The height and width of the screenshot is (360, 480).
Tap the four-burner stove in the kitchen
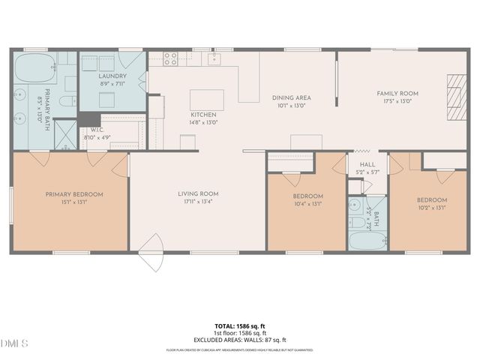(x=170, y=61)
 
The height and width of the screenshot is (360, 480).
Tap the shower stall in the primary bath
(x=68, y=137)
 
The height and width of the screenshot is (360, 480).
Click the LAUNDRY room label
(x=112, y=76)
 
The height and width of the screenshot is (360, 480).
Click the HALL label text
(x=367, y=164)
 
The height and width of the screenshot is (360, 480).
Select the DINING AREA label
(x=291, y=97)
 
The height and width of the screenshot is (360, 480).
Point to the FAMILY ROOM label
(x=397, y=93)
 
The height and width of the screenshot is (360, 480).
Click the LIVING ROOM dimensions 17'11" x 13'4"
(x=198, y=202)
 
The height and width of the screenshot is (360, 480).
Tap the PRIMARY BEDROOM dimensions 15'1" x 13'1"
(x=73, y=202)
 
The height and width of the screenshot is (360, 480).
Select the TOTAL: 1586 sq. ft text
(x=240, y=326)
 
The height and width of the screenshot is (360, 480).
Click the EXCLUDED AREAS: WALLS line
(x=240, y=340)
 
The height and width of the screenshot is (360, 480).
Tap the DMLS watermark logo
(x=14, y=343)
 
